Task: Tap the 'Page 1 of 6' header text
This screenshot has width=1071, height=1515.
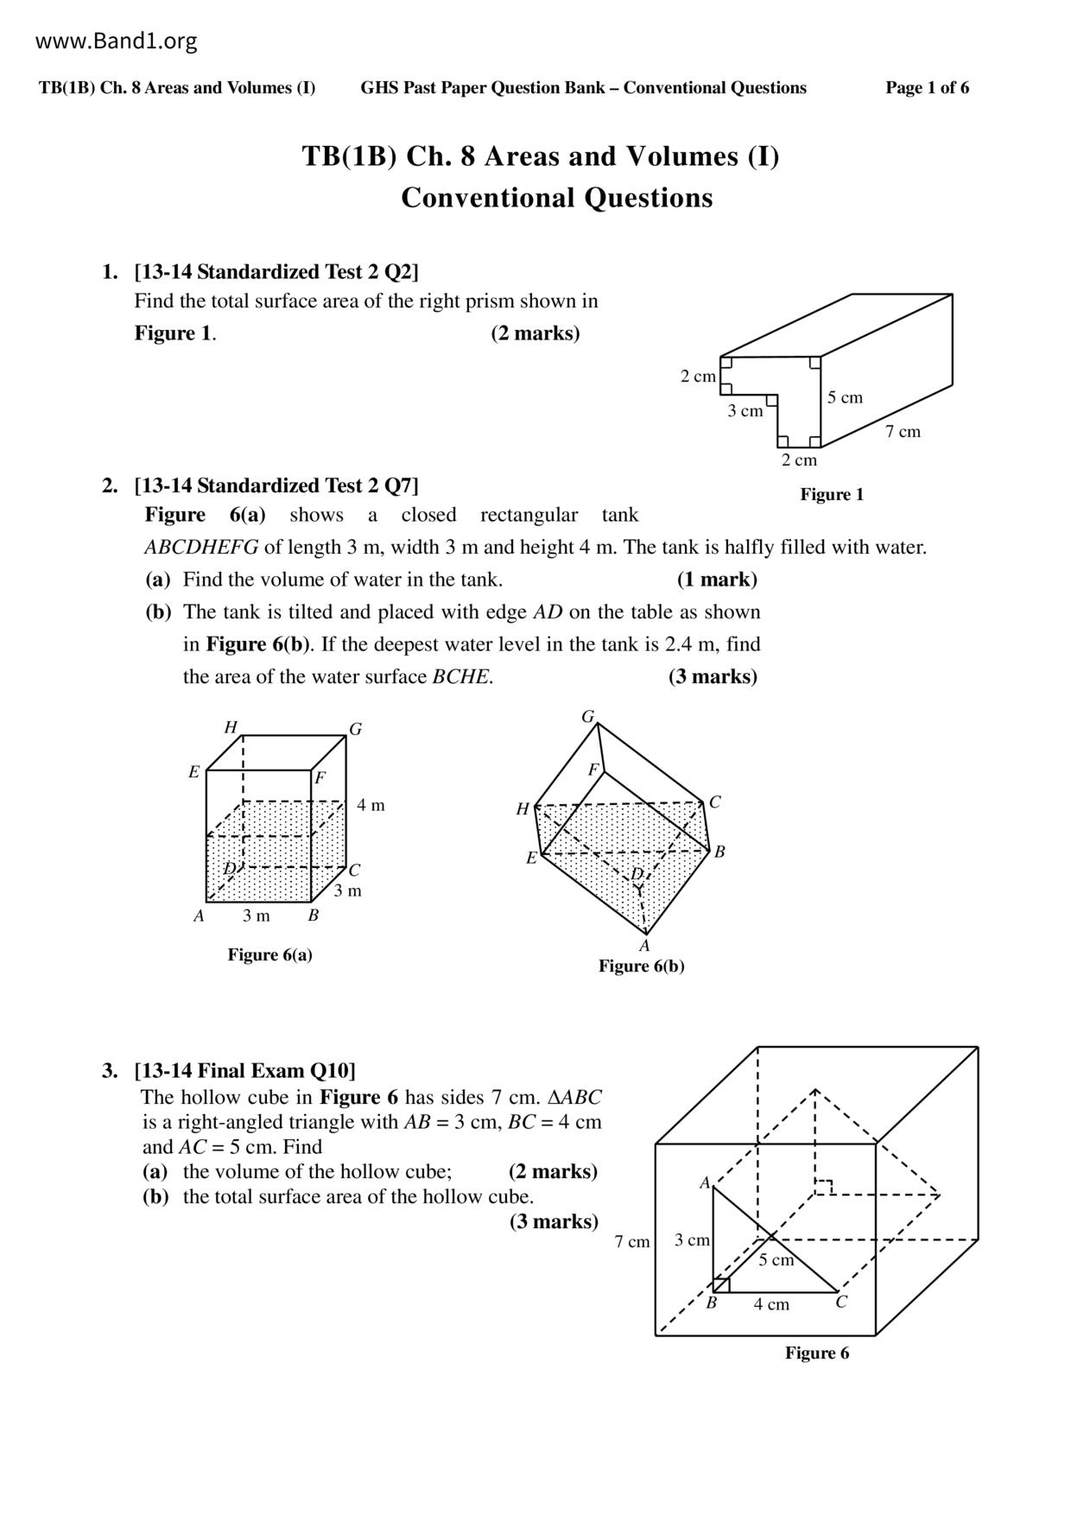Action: pyautogui.click(x=927, y=87)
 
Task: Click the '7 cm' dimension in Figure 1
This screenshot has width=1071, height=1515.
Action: pyautogui.click(x=903, y=432)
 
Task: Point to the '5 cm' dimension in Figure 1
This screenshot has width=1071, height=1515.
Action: pyautogui.click(x=845, y=397)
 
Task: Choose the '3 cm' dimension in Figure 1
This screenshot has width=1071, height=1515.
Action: pyautogui.click(x=745, y=411)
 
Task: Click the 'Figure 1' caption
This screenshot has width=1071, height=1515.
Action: pyautogui.click(x=831, y=494)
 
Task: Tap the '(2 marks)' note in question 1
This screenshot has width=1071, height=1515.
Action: pyautogui.click(x=535, y=333)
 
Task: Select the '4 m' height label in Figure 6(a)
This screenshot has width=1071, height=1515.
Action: pyautogui.click(x=371, y=805)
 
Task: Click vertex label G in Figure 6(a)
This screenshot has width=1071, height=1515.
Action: pyautogui.click(x=355, y=729)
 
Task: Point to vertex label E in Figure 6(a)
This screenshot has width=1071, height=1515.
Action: pyautogui.click(x=194, y=772)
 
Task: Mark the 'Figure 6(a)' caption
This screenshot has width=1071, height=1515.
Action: pyautogui.click(x=269, y=954)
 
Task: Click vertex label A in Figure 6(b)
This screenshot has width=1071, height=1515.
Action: pyautogui.click(x=644, y=945)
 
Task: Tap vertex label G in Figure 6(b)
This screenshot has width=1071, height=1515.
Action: pyautogui.click(x=588, y=717)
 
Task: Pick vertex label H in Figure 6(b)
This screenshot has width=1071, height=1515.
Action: pyautogui.click(x=523, y=809)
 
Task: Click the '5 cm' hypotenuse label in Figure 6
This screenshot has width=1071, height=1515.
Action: pyautogui.click(x=776, y=1260)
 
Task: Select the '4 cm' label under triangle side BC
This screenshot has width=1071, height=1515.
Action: pyautogui.click(x=770, y=1304)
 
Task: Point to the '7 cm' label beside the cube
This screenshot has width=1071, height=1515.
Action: pyautogui.click(x=631, y=1242)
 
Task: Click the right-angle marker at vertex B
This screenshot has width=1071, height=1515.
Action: pyautogui.click(x=721, y=1285)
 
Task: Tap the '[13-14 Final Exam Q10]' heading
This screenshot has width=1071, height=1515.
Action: pyautogui.click(x=244, y=1071)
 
